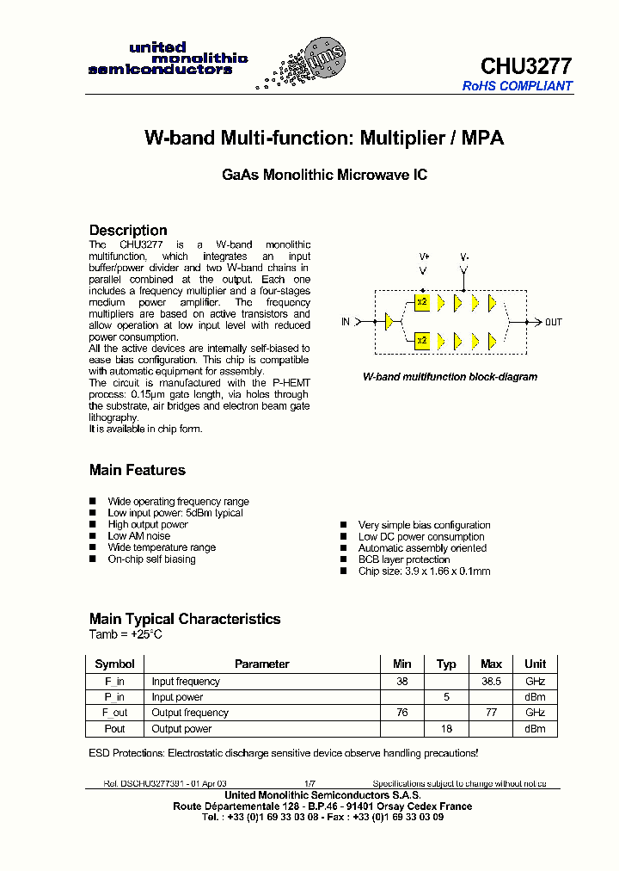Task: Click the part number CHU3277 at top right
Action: tap(525, 66)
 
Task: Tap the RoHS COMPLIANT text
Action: tap(517, 86)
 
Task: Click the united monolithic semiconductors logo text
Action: tap(168, 59)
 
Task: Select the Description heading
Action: tap(128, 230)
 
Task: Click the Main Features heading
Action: tap(137, 470)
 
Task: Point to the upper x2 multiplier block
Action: tap(421, 302)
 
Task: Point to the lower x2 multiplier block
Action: tap(421, 341)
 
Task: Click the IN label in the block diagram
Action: tap(346, 322)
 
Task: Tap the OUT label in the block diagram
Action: tap(554, 322)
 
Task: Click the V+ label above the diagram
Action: tap(424, 256)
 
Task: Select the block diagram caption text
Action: tap(450, 377)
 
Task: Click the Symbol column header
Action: tap(114, 664)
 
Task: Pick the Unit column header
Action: tap(535, 664)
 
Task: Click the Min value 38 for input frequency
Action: tap(402, 681)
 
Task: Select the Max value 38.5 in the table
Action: tap(491, 681)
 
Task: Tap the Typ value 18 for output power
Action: tap(446, 729)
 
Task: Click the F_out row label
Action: tap(114, 713)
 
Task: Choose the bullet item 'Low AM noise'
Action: tap(138, 536)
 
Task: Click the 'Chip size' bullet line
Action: tap(424, 571)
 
